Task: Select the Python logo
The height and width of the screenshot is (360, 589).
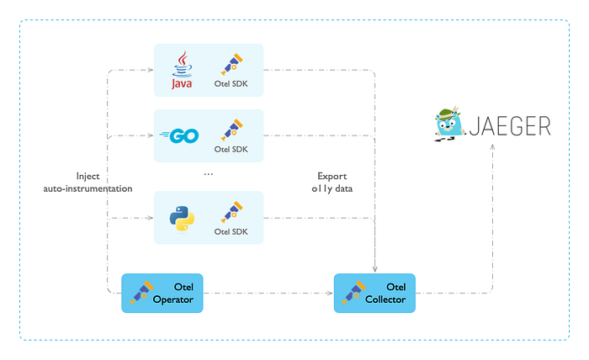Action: click(181, 218)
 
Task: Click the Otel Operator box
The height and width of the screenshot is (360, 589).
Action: click(163, 293)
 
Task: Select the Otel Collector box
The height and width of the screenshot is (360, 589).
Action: click(375, 293)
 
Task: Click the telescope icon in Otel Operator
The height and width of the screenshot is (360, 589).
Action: click(141, 293)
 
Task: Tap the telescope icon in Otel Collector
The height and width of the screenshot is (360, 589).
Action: click(353, 293)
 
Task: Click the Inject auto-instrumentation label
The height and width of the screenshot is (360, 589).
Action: click(88, 183)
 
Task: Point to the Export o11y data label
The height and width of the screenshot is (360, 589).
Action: click(332, 183)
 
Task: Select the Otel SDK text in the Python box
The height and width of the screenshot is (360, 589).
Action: click(232, 232)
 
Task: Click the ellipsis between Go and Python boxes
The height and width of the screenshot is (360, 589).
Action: click(209, 173)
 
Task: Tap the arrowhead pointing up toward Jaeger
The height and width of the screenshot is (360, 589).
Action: click(493, 148)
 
